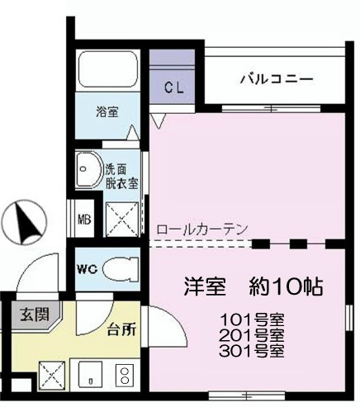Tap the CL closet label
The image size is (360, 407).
(173, 87)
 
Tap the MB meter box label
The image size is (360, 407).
(84, 220)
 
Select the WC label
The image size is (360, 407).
(88, 267)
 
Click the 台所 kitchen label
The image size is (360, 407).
(121, 329)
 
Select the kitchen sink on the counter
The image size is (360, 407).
(88, 376)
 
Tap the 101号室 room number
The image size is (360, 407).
(253, 319)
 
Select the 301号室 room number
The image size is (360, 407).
(253, 351)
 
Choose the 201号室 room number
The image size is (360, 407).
(253, 335)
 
